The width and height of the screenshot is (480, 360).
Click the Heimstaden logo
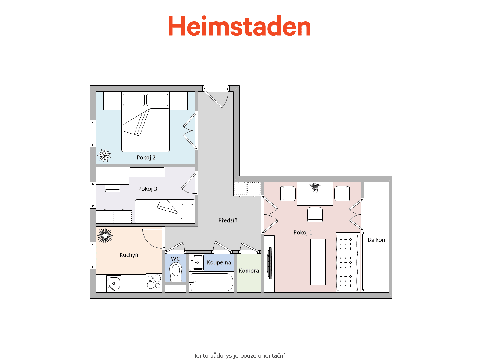coord(239,25)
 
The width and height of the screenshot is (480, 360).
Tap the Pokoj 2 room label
coord(146,157)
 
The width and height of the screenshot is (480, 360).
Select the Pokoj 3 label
coord(148,189)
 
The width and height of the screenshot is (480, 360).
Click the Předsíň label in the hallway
coord(228,220)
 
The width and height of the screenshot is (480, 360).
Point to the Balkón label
coord(376,240)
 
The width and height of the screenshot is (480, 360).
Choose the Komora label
coord(249,271)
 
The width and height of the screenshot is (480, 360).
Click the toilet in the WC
coord(175,272)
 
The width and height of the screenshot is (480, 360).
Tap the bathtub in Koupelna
coord(211,282)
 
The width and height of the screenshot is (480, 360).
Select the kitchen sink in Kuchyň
coord(114,283)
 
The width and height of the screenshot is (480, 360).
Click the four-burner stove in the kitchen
coord(154,282)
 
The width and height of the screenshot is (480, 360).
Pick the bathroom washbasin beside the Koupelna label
coord(196,262)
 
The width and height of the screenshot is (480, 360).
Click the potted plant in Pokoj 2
coord(104,155)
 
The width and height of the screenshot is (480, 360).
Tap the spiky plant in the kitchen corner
coord(105,235)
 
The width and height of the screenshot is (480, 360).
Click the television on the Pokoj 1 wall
coord(270,263)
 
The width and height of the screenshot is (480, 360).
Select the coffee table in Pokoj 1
coord(318,262)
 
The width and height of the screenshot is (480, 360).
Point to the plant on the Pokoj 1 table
coord(315,187)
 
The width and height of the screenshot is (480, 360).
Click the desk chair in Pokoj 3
coord(112,188)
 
